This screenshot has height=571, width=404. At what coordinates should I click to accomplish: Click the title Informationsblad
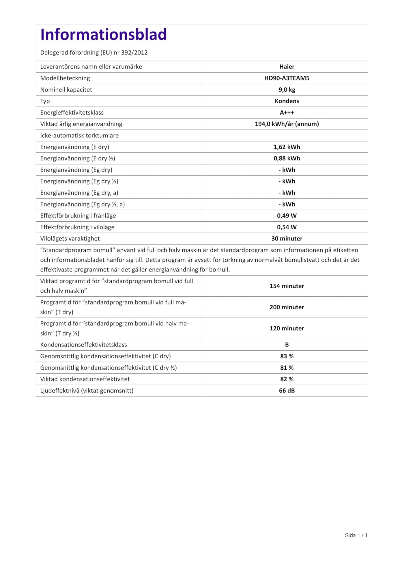[x=103, y=35]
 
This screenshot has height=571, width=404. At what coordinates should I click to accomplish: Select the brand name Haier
[x=287, y=67]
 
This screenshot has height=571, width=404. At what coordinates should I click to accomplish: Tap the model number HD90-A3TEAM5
[x=287, y=78]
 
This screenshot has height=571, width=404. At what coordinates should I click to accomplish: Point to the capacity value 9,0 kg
[x=287, y=90]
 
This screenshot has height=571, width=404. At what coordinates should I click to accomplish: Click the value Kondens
[x=287, y=101]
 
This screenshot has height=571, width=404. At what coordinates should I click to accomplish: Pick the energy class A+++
[x=287, y=113]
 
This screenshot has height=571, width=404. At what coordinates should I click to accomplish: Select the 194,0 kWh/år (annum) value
[x=287, y=124]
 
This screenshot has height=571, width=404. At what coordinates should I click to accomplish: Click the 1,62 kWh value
[x=287, y=147]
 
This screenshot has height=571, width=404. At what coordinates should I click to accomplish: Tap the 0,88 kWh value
[x=287, y=158]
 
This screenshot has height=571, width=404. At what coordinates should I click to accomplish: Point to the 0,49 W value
[x=287, y=216]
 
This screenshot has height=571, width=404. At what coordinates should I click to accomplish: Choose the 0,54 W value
[x=287, y=227]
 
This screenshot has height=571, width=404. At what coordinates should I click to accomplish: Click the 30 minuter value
[x=287, y=239]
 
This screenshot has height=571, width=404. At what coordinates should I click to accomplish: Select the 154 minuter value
[x=287, y=286]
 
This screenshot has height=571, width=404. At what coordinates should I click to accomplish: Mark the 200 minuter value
[x=287, y=307]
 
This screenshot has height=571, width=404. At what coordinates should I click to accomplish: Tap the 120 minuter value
[x=287, y=328]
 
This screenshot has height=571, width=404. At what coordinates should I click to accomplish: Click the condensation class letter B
[x=287, y=345]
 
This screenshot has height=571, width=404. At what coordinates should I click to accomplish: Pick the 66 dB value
[x=287, y=391]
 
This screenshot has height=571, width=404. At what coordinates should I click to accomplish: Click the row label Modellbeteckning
[x=65, y=78]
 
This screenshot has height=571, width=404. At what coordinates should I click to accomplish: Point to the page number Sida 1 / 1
[x=356, y=536]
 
